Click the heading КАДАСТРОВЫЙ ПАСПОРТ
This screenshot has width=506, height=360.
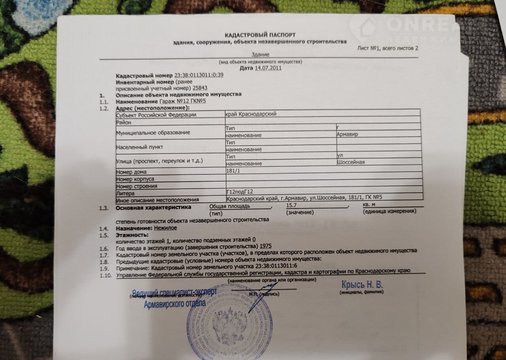click(260, 35)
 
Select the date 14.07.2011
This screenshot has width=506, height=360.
click(268, 68)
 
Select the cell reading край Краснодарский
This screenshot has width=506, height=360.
click(250, 114)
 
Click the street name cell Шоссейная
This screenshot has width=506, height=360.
click(350, 163)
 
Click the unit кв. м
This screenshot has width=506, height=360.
click(368, 205)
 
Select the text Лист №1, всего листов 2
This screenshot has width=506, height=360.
click(387, 49)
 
